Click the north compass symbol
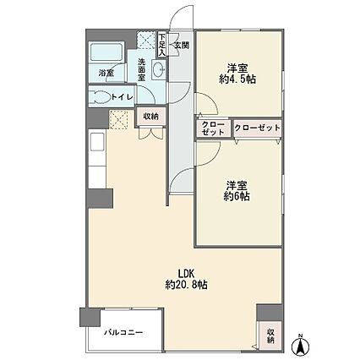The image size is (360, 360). coord(301,344)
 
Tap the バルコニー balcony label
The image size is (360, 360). coord(123,333)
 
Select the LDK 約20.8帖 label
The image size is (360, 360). coord(186,279)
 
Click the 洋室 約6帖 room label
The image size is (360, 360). coord(237,191)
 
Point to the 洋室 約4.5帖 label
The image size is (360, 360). coord(237,74)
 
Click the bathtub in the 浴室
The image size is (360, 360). coord(106,52)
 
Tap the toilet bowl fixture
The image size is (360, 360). coord(101,97)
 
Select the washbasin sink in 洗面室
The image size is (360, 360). coord(159,69)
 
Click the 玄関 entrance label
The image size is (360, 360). coord(182,45)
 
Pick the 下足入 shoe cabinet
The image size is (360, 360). coord(162,44)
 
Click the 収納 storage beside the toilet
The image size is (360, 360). coord(151,116)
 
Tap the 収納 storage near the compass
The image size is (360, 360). coord(270,336)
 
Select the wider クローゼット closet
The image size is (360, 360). coord(258,128)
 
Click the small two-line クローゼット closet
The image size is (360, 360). coord(213,128)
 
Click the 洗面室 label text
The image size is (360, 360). coord(141,69)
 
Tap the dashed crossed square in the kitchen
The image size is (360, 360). coord(118,119)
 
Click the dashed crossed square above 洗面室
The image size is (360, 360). coord(146,40)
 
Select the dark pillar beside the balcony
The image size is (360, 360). coord(90,317)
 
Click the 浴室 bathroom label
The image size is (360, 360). coord(106,74)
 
